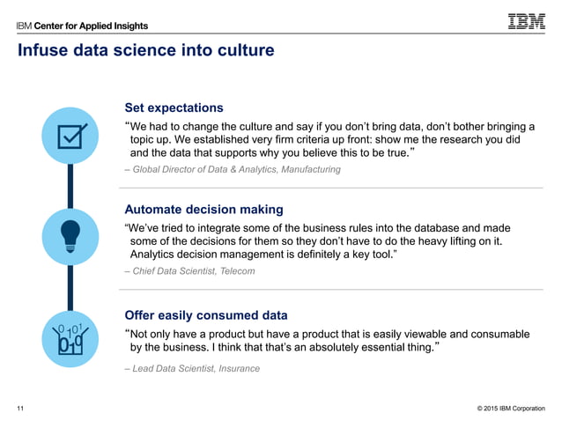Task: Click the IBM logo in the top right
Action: point(526,21)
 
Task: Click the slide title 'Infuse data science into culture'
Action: point(146,51)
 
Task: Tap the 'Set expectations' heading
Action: point(174,107)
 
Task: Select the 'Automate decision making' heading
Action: point(203,210)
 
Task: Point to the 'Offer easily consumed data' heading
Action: point(206,314)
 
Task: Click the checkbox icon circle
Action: point(70,136)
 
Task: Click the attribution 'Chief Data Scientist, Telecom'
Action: point(193,271)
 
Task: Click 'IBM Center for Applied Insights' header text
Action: point(83,26)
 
